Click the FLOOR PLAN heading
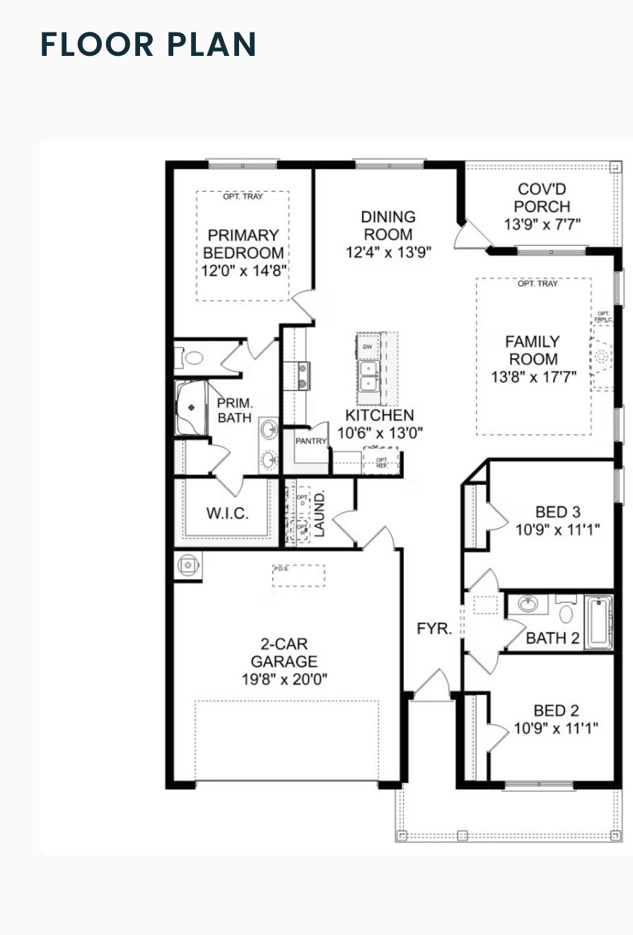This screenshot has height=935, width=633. pyautogui.click(x=149, y=44)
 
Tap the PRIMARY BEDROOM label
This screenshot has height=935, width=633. pyautogui.click(x=243, y=243)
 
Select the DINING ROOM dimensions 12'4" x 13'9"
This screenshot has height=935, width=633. pyautogui.click(x=388, y=251)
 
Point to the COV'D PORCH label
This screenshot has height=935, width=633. pyautogui.click(x=542, y=198)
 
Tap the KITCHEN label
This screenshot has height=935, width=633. pyautogui.click(x=379, y=415)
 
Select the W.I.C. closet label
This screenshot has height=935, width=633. pyautogui.click(x=227, y=513)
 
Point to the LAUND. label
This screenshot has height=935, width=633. pyautogui.click(x=320, y=515)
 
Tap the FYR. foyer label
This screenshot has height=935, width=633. pyautogui.click(x=434, y=629)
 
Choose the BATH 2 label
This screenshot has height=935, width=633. pyautogui.click(x=553, y=638)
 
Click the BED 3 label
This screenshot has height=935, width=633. pyautogui.click(x=552, y=512)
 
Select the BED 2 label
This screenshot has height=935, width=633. pyautogui.click(x=552, y=711)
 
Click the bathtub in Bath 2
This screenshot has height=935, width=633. pyautogui.click(x=598, y=623)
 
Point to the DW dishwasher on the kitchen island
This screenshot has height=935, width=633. pyautogui.click(x=367, y=347)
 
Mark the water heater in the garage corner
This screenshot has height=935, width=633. pyautogui.click(x=188, y=565)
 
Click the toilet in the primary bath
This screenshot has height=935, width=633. pyautogui.click(x=192, y=357)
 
